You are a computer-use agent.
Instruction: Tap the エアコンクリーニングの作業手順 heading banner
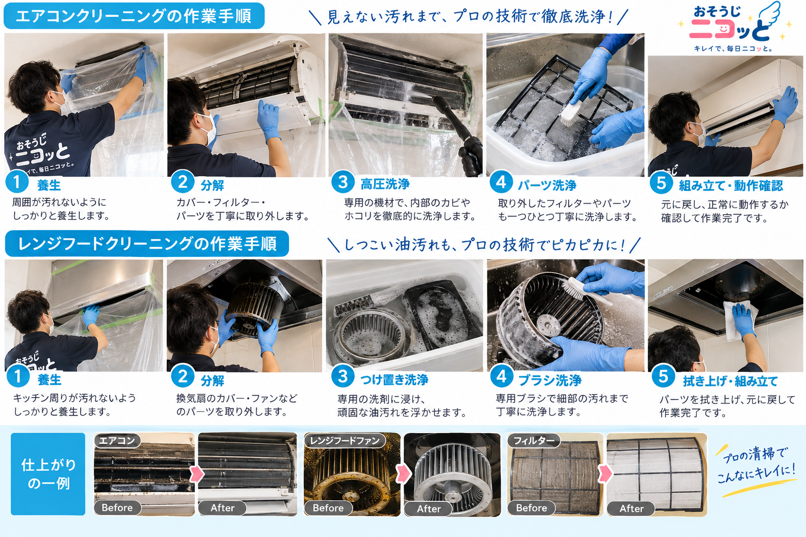(x=134, y=16)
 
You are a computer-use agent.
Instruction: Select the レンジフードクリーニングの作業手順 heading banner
(x=147, y=243)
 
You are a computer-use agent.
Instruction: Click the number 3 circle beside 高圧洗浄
(x=343, y=182)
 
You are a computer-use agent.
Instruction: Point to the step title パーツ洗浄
(x=547, y=185)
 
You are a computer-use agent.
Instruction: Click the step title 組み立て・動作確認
(x=731, y=186)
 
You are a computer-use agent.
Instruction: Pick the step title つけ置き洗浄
(x=395, y=380)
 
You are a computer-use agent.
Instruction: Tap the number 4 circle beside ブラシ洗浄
(x=502, y=376)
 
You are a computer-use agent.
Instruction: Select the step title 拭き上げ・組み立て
(x=730, y=381)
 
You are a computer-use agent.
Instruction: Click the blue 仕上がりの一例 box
(x=48, y=474)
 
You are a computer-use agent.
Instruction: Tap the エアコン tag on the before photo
(x=117, y=441)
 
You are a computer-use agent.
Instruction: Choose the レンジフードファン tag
(x=344, y=441)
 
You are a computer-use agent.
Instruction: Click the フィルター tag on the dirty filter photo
(x=534, y=441)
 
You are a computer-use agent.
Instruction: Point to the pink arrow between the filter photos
(x=605, y=474)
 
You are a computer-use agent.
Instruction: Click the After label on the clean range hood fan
(x=428, y=509)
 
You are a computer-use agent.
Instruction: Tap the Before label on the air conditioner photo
(x=118, y=508)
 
